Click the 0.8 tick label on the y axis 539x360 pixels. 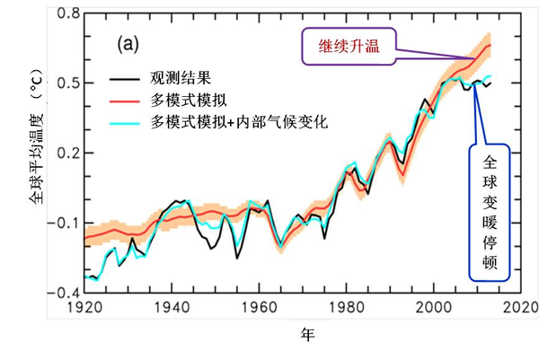pyautogui.click(x=68, y=13)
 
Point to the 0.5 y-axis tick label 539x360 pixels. pyautogui.click(x=68, y=83)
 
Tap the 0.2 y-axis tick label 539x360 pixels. pyautogui.click(x=68, y=153)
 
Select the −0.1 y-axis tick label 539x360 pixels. pyautogui.click(x=64, y=223)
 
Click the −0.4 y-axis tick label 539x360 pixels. pyautogui.click(x=64, y=293)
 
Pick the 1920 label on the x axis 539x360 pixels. pyautogui.click(x=84, y=307)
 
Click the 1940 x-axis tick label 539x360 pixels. pyautogui.click(x=172, y=307)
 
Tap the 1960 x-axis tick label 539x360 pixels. pyautogui.click(x=260, y=307)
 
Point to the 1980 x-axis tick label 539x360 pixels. pyautogui.click(x=347, y=307)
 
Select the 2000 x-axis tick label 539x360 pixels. pyautogui.click(x=434, y=307)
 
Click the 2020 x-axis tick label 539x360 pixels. pyautogui.click(x=520, y=307)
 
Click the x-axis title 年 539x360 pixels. pyautogui.click(x=307, y=334)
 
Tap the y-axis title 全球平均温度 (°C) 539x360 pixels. pyautogui.click(x=37, y=136)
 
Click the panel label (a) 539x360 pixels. pyautogui.click(x=128, y=45)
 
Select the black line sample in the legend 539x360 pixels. pyautogui.click(x=125, y=79)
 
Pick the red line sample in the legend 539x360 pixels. pyautogui.click(x=125, y=101)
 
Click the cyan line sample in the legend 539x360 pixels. pyautogui.click(x=125, y=123)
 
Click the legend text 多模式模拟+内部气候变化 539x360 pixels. pyautogui.click(x=239, y=122)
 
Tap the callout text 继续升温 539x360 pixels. pyautogui.click(x=349, y=46)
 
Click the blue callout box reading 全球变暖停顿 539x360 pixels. pyautogui.click(x=490, y=212)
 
